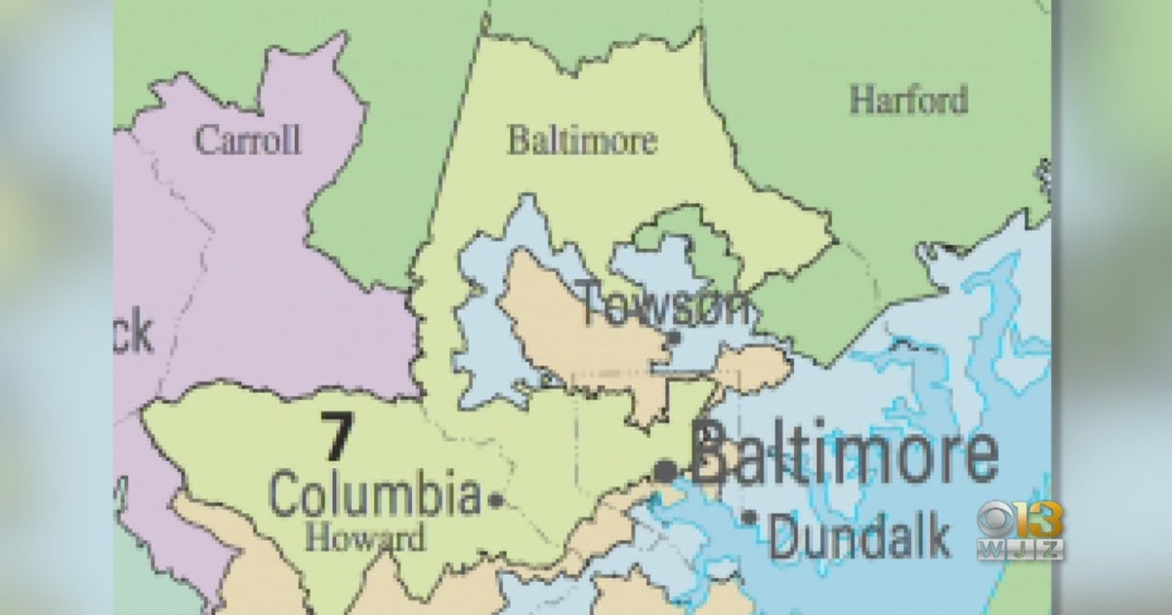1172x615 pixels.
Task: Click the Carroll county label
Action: [x=247, y=140]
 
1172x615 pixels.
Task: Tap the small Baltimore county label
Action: [x=581, y=141]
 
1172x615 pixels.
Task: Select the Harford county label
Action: [x=908, y=100]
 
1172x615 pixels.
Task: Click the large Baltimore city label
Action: [x=845, y=455]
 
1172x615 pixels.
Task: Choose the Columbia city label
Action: [x=375, y=495]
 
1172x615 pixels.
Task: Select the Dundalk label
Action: [x=859, y=537]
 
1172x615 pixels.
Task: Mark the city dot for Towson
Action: [x=673, y=339]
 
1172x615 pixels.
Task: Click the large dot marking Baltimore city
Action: [x=665, y=471]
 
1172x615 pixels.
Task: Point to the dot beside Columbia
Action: [x=496, y=501]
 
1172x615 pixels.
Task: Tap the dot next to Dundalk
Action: [x=750, y=518]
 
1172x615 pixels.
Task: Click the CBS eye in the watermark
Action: [x=995, y=518]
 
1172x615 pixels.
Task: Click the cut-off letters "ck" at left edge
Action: [x=135, y=335]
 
